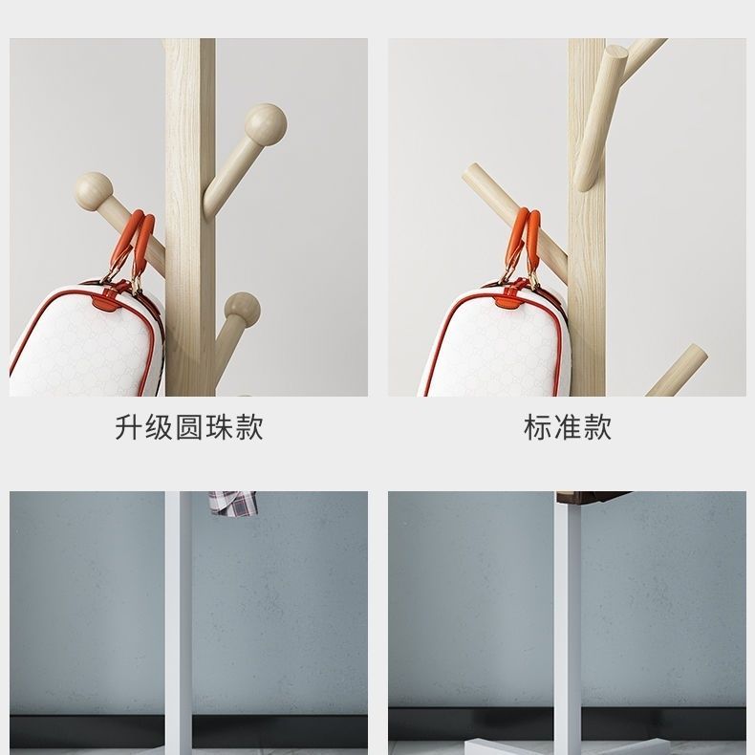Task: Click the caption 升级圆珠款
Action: coord(189,427)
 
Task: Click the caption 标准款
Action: coord(568,427)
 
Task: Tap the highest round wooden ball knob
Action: coord(266,124)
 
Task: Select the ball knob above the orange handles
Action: coord(94,191)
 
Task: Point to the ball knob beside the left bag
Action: coord(242,311)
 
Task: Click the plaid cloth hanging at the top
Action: coord(232,503)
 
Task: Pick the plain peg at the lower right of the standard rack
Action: coord(678,370)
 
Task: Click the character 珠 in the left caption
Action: coord(219,427)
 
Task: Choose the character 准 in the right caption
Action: coord(568,427)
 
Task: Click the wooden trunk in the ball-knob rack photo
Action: coord(190,217)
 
